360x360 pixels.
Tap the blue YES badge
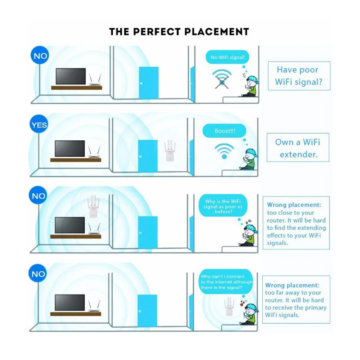pyautogui.click(x=39, y=125)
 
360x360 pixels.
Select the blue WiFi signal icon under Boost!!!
pyautogui.click(x=224, y=151)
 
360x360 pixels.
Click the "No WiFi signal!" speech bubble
pyautogui.click(x=227, y=57)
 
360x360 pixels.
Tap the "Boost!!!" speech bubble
pyautogui.click(x=224, y=131)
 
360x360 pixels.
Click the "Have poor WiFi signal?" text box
pyautogui.click(x=298, y=76)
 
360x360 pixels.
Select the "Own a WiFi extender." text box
pyautogui.click(x=298, y=148)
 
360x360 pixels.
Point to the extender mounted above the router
pyautogui.click(x=93, y=207)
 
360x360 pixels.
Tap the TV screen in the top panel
pyautogui.click(x=71, y=76)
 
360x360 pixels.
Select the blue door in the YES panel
pyautogui.click(x=148, y=156)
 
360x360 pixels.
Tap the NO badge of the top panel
pyautogui.click(x=40, y=56)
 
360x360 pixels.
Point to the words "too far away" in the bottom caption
pyautogui.click(x=283, y=293)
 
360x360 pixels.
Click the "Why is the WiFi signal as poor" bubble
pyautogui.click(x=223, y=207)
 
